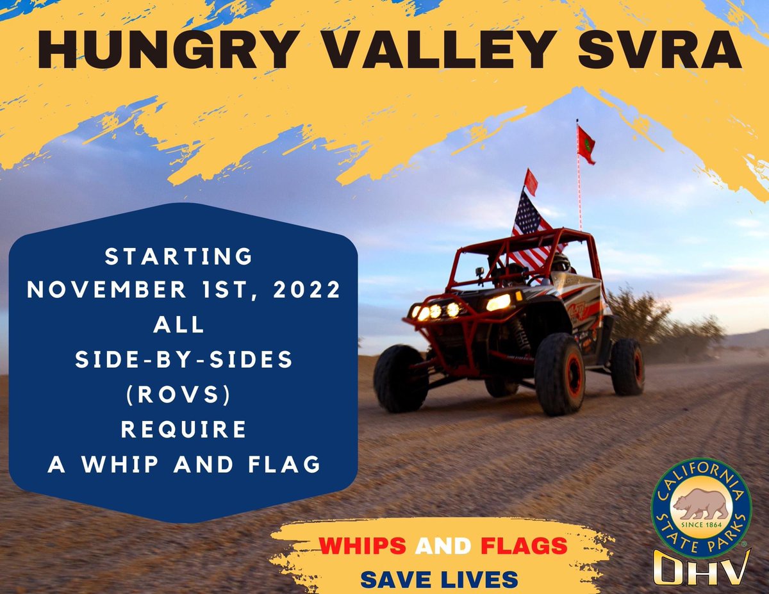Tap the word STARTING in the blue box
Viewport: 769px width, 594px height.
[x=179, y=256]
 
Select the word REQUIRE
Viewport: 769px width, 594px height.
[x=184, y=429]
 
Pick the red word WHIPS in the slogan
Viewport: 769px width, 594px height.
[x=363, y=546]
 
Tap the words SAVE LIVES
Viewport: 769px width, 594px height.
[x=439, y=579]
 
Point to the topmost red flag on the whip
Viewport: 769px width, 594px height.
[x=586, y=144]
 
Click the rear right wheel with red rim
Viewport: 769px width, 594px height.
[x=627, y=367]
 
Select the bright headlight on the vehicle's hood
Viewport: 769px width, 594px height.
[x=499, y=302]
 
